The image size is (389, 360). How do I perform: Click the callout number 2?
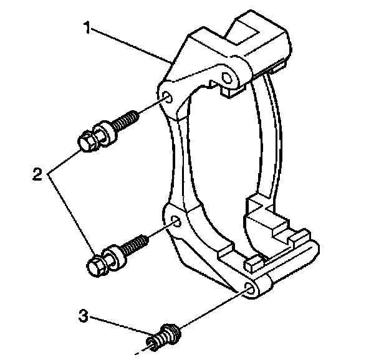coord(37,174)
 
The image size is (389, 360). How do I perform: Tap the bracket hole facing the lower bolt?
coord(176,221)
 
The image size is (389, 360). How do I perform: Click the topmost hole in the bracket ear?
coord(227,78)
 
